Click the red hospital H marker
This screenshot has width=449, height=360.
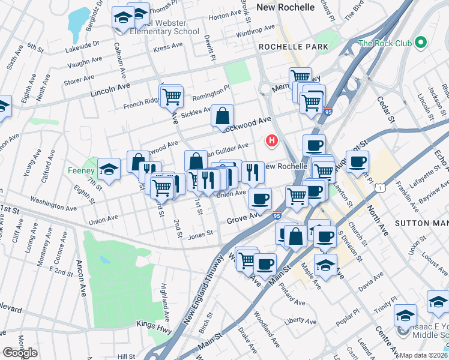(272, 141)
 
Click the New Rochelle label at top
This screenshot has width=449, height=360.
(285, 7)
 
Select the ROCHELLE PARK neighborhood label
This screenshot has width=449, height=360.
(294, 46)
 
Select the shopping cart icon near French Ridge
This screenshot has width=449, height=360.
(171, 96)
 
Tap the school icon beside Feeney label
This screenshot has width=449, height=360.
(109, 169)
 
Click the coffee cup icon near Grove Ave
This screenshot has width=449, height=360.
(260, 199)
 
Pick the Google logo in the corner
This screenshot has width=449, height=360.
(20, 353)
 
